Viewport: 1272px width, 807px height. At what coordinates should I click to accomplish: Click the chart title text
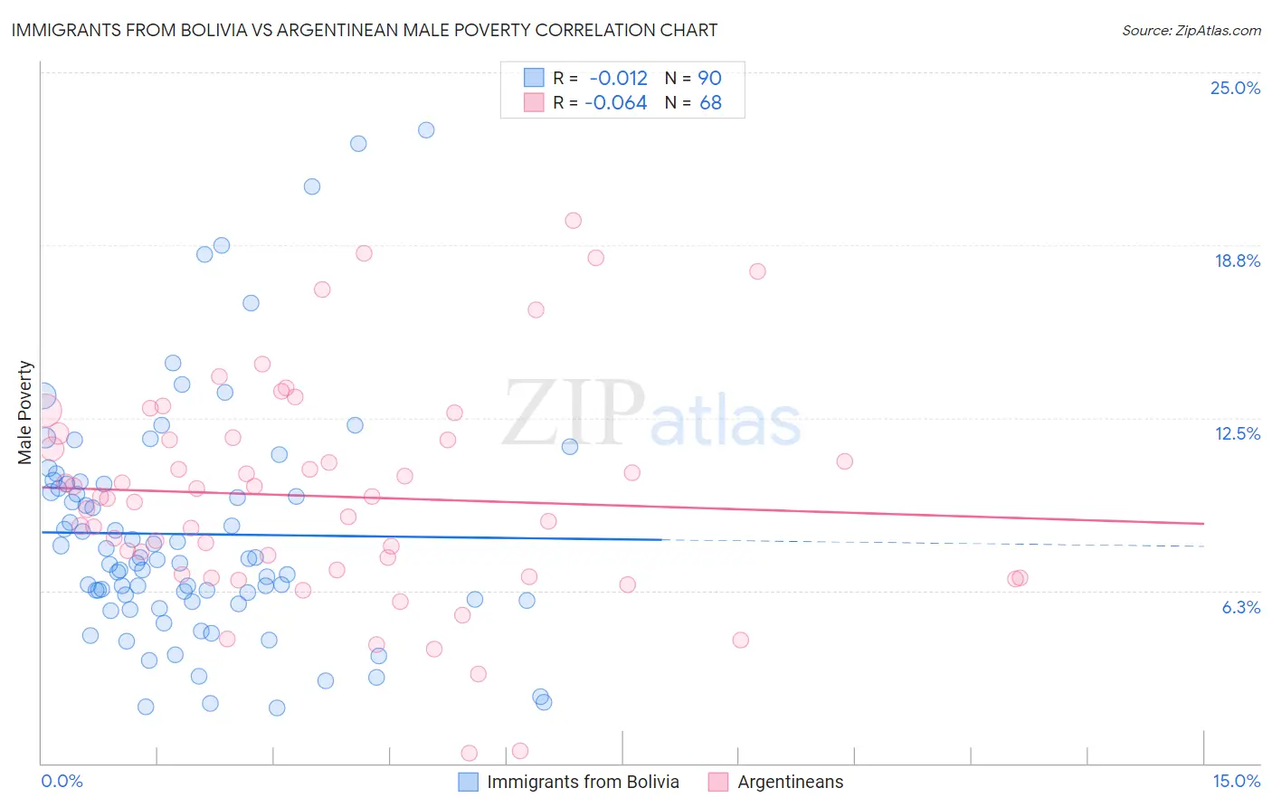tap(365, 30)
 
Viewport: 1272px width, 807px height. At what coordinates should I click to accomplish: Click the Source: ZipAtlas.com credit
tap(1191, 30)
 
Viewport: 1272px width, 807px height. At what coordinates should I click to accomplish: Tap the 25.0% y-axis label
tap(1235, 88)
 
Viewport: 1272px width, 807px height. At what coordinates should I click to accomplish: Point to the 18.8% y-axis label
tap(1237, 261)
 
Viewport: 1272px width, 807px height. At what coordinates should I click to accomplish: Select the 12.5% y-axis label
tap(1237, 433)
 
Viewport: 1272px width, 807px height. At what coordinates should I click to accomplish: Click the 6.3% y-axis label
tap(1240, 607)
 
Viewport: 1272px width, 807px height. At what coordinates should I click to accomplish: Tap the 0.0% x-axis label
tap(62, 781)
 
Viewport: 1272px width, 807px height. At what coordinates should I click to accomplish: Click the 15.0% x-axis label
tap(1236, 781)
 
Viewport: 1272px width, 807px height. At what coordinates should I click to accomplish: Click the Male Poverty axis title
tap(25, 413)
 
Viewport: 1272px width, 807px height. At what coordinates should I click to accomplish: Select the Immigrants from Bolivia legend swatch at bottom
tap(468, 782)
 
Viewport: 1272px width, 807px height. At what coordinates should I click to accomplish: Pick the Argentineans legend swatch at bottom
tap(718, 782)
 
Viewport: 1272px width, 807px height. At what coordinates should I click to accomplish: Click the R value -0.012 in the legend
tap(618, 78)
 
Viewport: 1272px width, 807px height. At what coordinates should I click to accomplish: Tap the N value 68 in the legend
tap(710, 102)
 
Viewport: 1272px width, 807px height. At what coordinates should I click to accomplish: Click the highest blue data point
tap(426, 130)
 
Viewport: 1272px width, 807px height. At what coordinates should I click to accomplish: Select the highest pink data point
tap(573, 221)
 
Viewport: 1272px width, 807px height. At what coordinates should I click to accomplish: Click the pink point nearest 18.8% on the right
tap(757, 271)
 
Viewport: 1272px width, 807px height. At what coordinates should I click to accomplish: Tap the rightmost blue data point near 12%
tap(570, 447)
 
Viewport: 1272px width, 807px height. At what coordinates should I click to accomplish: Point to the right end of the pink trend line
tap(1203, 524)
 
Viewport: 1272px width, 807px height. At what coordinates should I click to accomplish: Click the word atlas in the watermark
tap(726, 422)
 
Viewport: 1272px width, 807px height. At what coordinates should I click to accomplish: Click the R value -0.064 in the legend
tap(615, 102)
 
